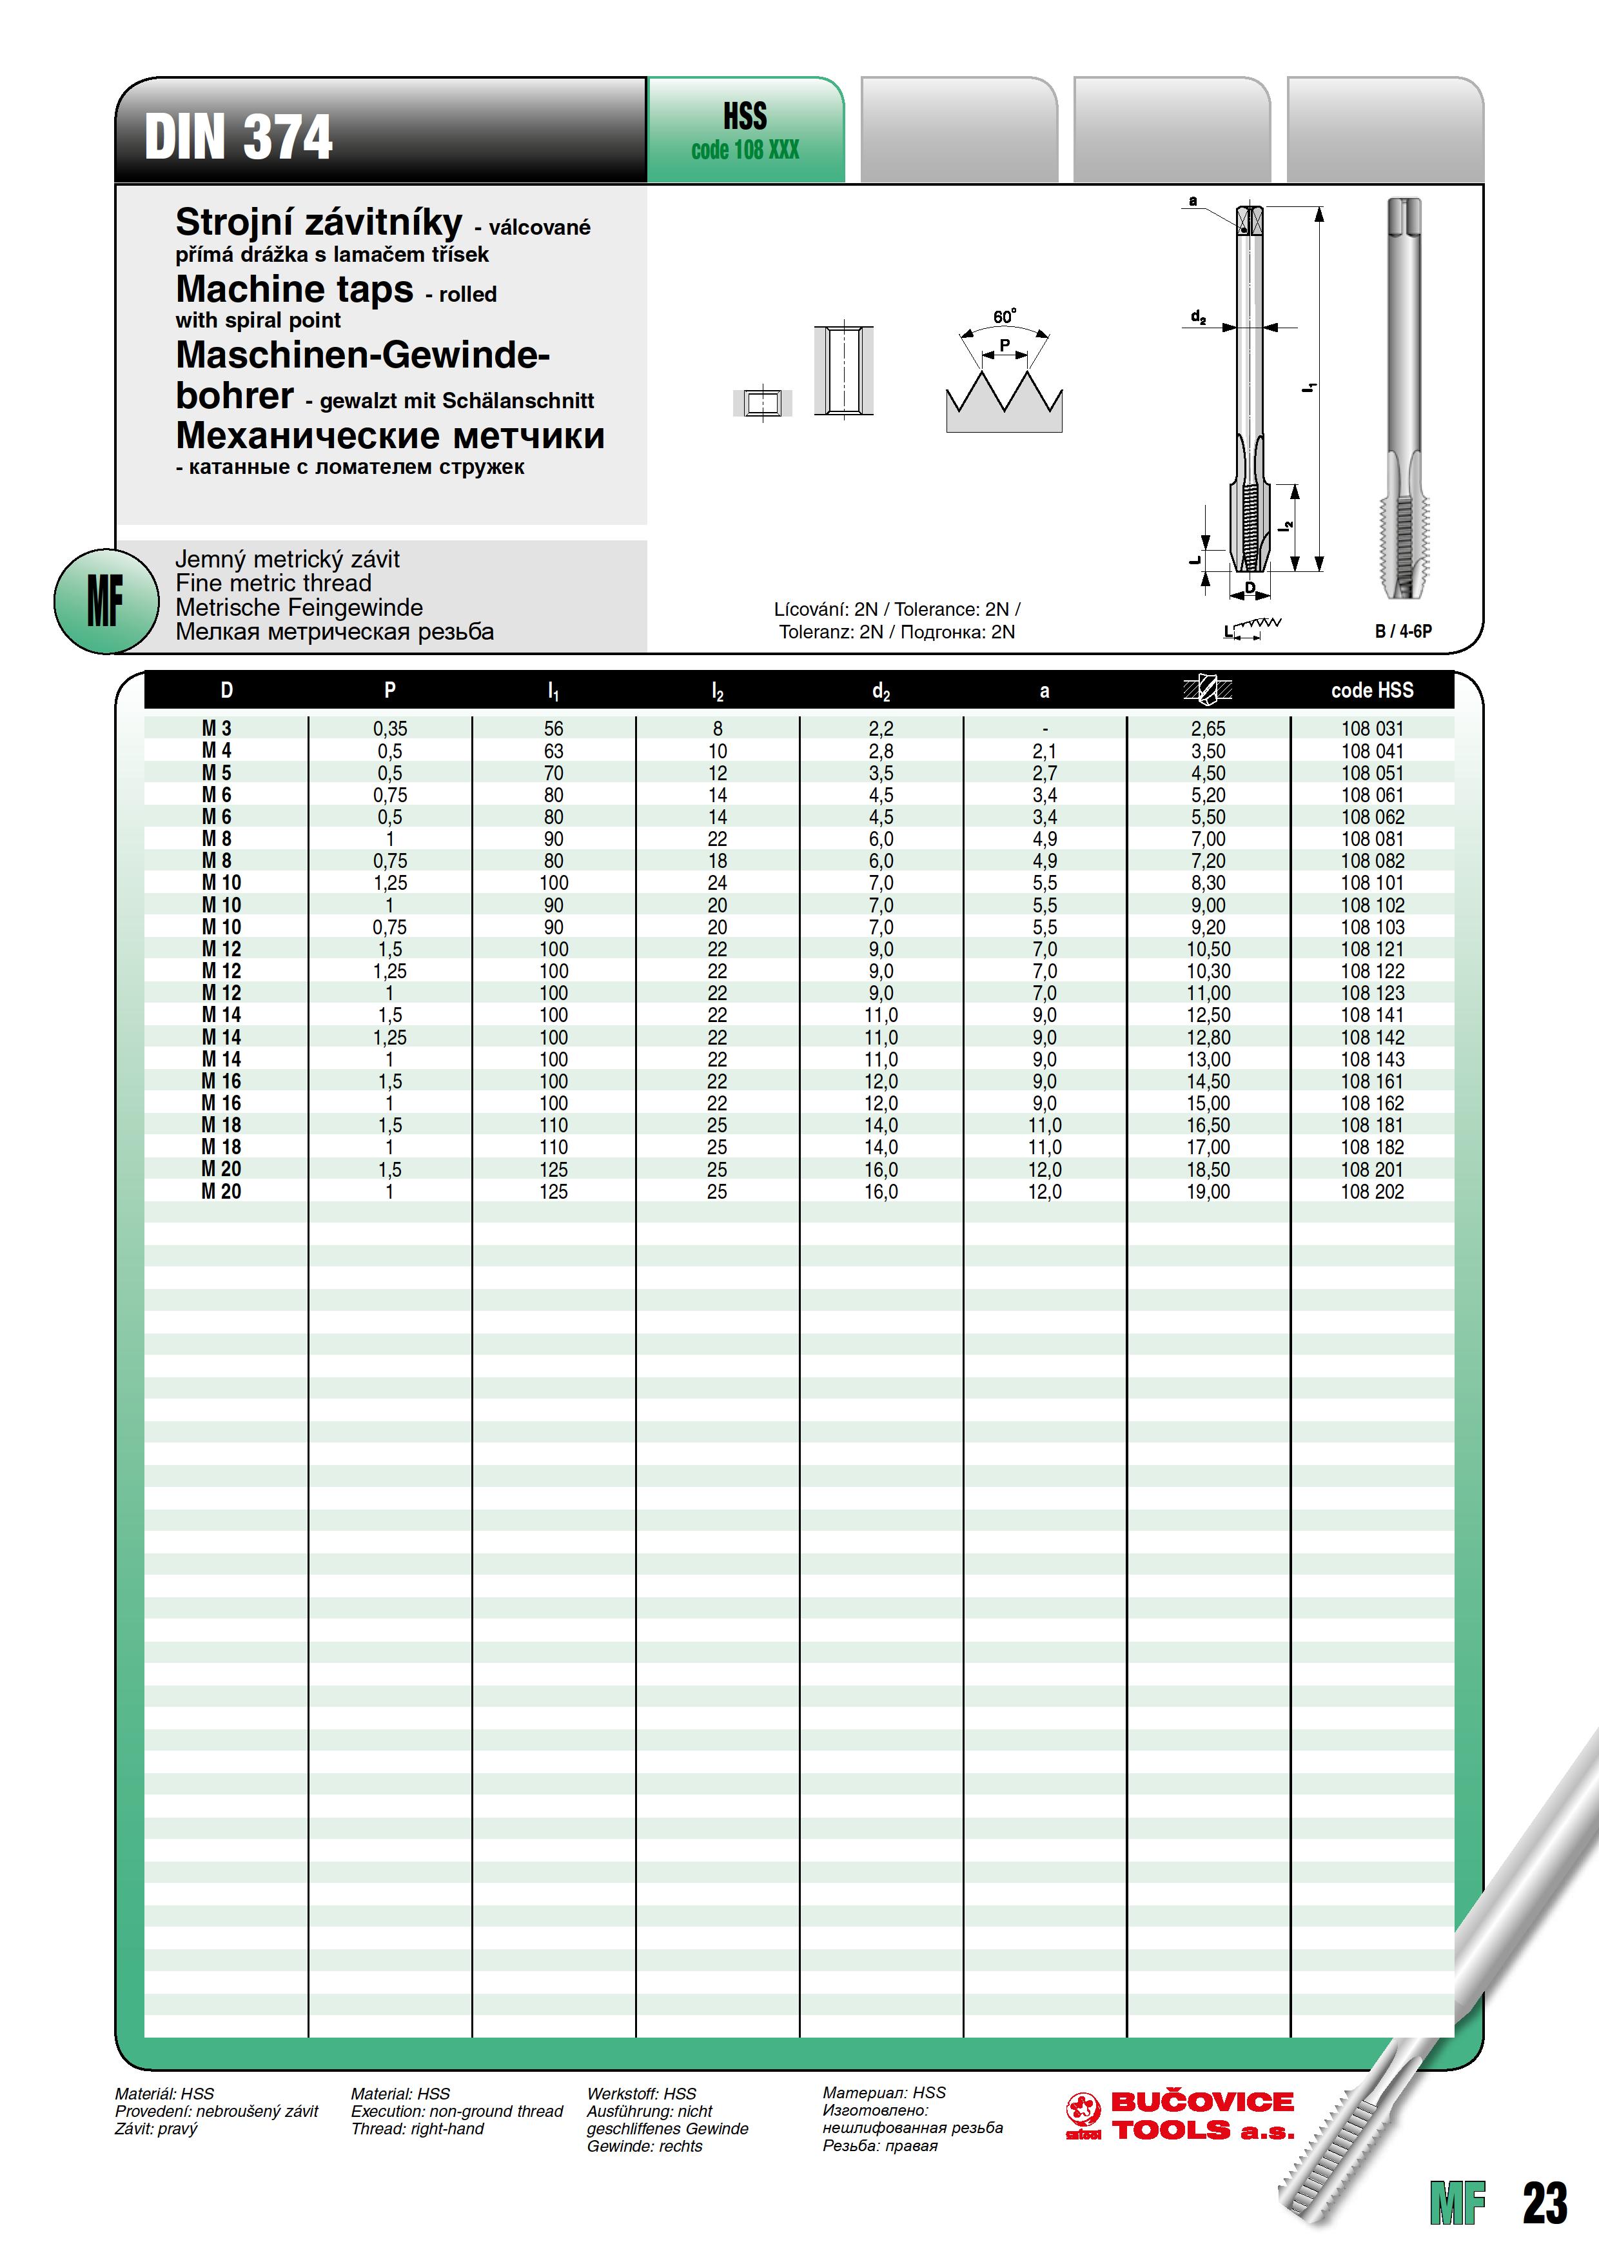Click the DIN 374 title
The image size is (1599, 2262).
coord(239,137)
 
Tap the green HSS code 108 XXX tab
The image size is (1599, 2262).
coord(745,131)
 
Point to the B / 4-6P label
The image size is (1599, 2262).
coord(1403,631)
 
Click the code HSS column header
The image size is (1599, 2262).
coord(1371,691)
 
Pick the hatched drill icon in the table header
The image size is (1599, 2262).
coord(1208,690)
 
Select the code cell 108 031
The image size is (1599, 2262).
coord(1371,729)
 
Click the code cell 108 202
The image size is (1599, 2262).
coord(1371,1192)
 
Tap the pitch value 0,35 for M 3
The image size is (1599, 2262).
coord(390,729)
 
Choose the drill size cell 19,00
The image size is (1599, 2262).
coord(1208,1192)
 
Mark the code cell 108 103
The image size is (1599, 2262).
coord(1371,927)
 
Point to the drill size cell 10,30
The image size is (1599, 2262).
coord(1208,971)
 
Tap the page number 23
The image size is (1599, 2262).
coord(1544,2203)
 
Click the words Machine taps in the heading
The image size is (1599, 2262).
coord(295,290)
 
